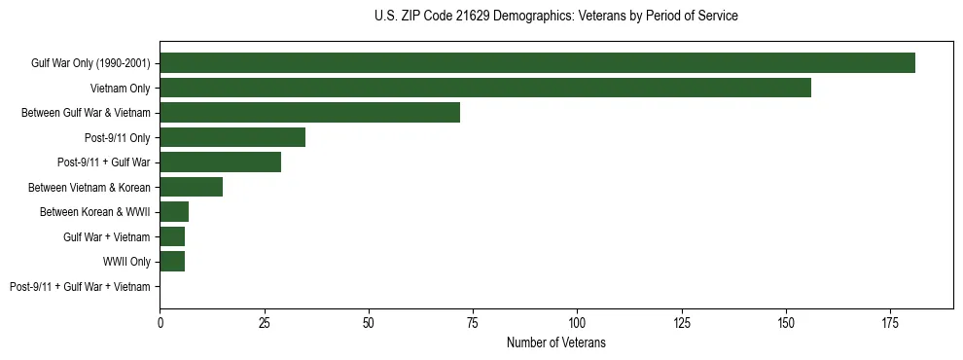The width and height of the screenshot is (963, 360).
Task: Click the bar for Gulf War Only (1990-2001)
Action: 537,63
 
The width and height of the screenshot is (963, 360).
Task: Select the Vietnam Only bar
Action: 485,88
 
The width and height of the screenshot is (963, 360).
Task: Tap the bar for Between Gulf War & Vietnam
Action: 309,113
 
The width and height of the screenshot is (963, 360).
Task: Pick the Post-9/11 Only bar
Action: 232,137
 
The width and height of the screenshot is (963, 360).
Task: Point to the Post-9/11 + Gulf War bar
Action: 220,162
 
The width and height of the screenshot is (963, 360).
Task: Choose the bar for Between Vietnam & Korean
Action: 191,187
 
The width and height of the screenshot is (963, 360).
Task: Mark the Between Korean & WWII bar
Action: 174,212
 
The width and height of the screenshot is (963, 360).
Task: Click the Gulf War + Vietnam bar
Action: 172,236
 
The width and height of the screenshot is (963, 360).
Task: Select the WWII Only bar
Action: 172,262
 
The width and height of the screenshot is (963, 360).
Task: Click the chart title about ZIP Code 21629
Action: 555,17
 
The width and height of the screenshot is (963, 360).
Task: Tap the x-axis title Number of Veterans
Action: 555,342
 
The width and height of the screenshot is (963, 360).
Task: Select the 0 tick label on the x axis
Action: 160,321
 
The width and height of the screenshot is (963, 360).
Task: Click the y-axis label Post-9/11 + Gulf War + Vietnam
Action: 80,287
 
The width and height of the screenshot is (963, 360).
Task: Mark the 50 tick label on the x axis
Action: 369,321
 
